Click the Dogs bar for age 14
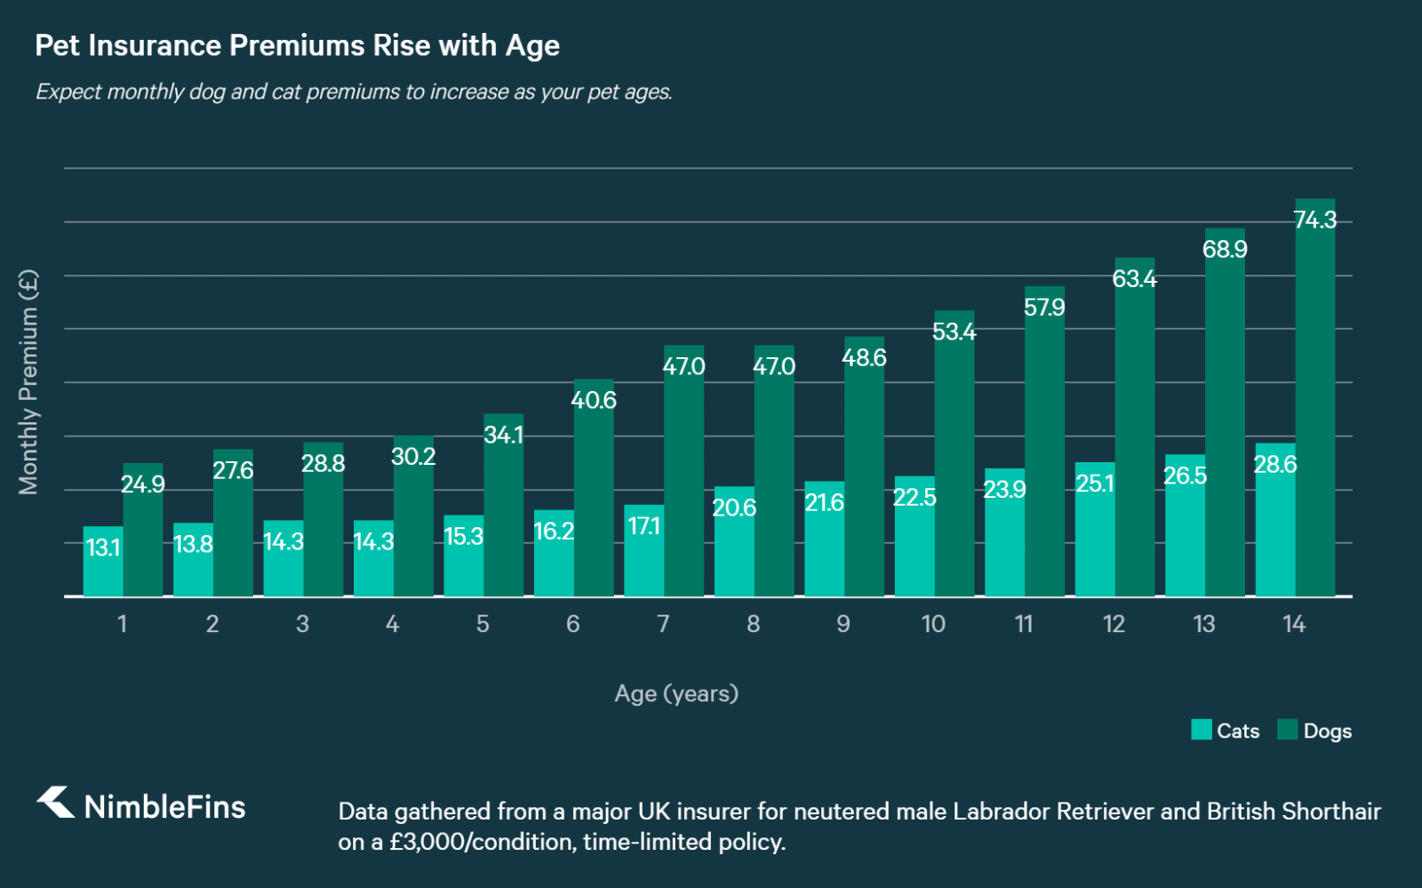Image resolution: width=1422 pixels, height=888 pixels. point(1315,409)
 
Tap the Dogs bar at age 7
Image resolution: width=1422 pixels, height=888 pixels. point(683,480)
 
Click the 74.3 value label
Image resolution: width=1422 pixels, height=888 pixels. point(1315,220)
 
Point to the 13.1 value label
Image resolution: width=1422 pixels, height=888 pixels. point(103,548)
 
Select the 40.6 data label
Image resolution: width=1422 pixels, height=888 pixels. point(593,400)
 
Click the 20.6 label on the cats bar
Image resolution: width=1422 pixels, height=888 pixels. point(734,508)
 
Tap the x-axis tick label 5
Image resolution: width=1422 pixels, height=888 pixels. point(483,624)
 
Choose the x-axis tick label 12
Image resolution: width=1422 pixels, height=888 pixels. point(1114,624)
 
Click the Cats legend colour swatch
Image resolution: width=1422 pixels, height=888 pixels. point(1201,730)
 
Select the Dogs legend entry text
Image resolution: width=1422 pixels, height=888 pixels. point(1327,731)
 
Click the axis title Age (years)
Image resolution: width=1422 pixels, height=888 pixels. point(676,693)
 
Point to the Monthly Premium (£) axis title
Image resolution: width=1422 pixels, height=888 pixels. point(28,382)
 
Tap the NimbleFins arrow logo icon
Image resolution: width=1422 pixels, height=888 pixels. point(56,802)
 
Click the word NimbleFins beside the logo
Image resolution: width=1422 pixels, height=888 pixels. point(164,807)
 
